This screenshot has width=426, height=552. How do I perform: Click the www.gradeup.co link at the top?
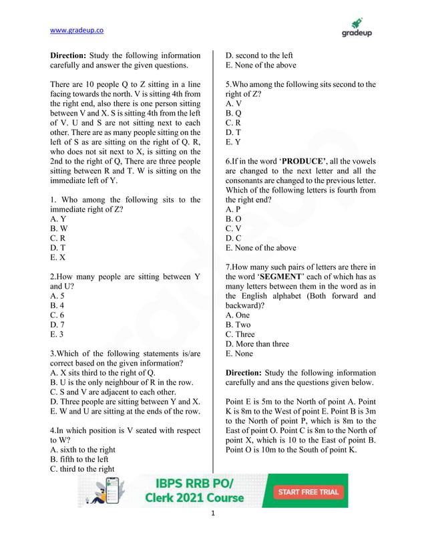[x=77, y=30]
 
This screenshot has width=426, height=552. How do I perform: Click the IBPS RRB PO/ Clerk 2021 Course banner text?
[x=200, y=491]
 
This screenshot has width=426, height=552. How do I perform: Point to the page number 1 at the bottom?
[x=212, y=514]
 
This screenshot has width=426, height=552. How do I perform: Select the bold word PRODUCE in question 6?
[x=302, y=162]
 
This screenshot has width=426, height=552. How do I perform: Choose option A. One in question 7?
[x=238, y=315]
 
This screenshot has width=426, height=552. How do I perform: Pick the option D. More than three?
[x=257, y=344]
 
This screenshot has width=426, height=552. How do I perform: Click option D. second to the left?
[x=259, y=55]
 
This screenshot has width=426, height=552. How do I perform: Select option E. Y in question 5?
[x=233, y=142]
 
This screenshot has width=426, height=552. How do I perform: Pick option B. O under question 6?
[x=234, y=219]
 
